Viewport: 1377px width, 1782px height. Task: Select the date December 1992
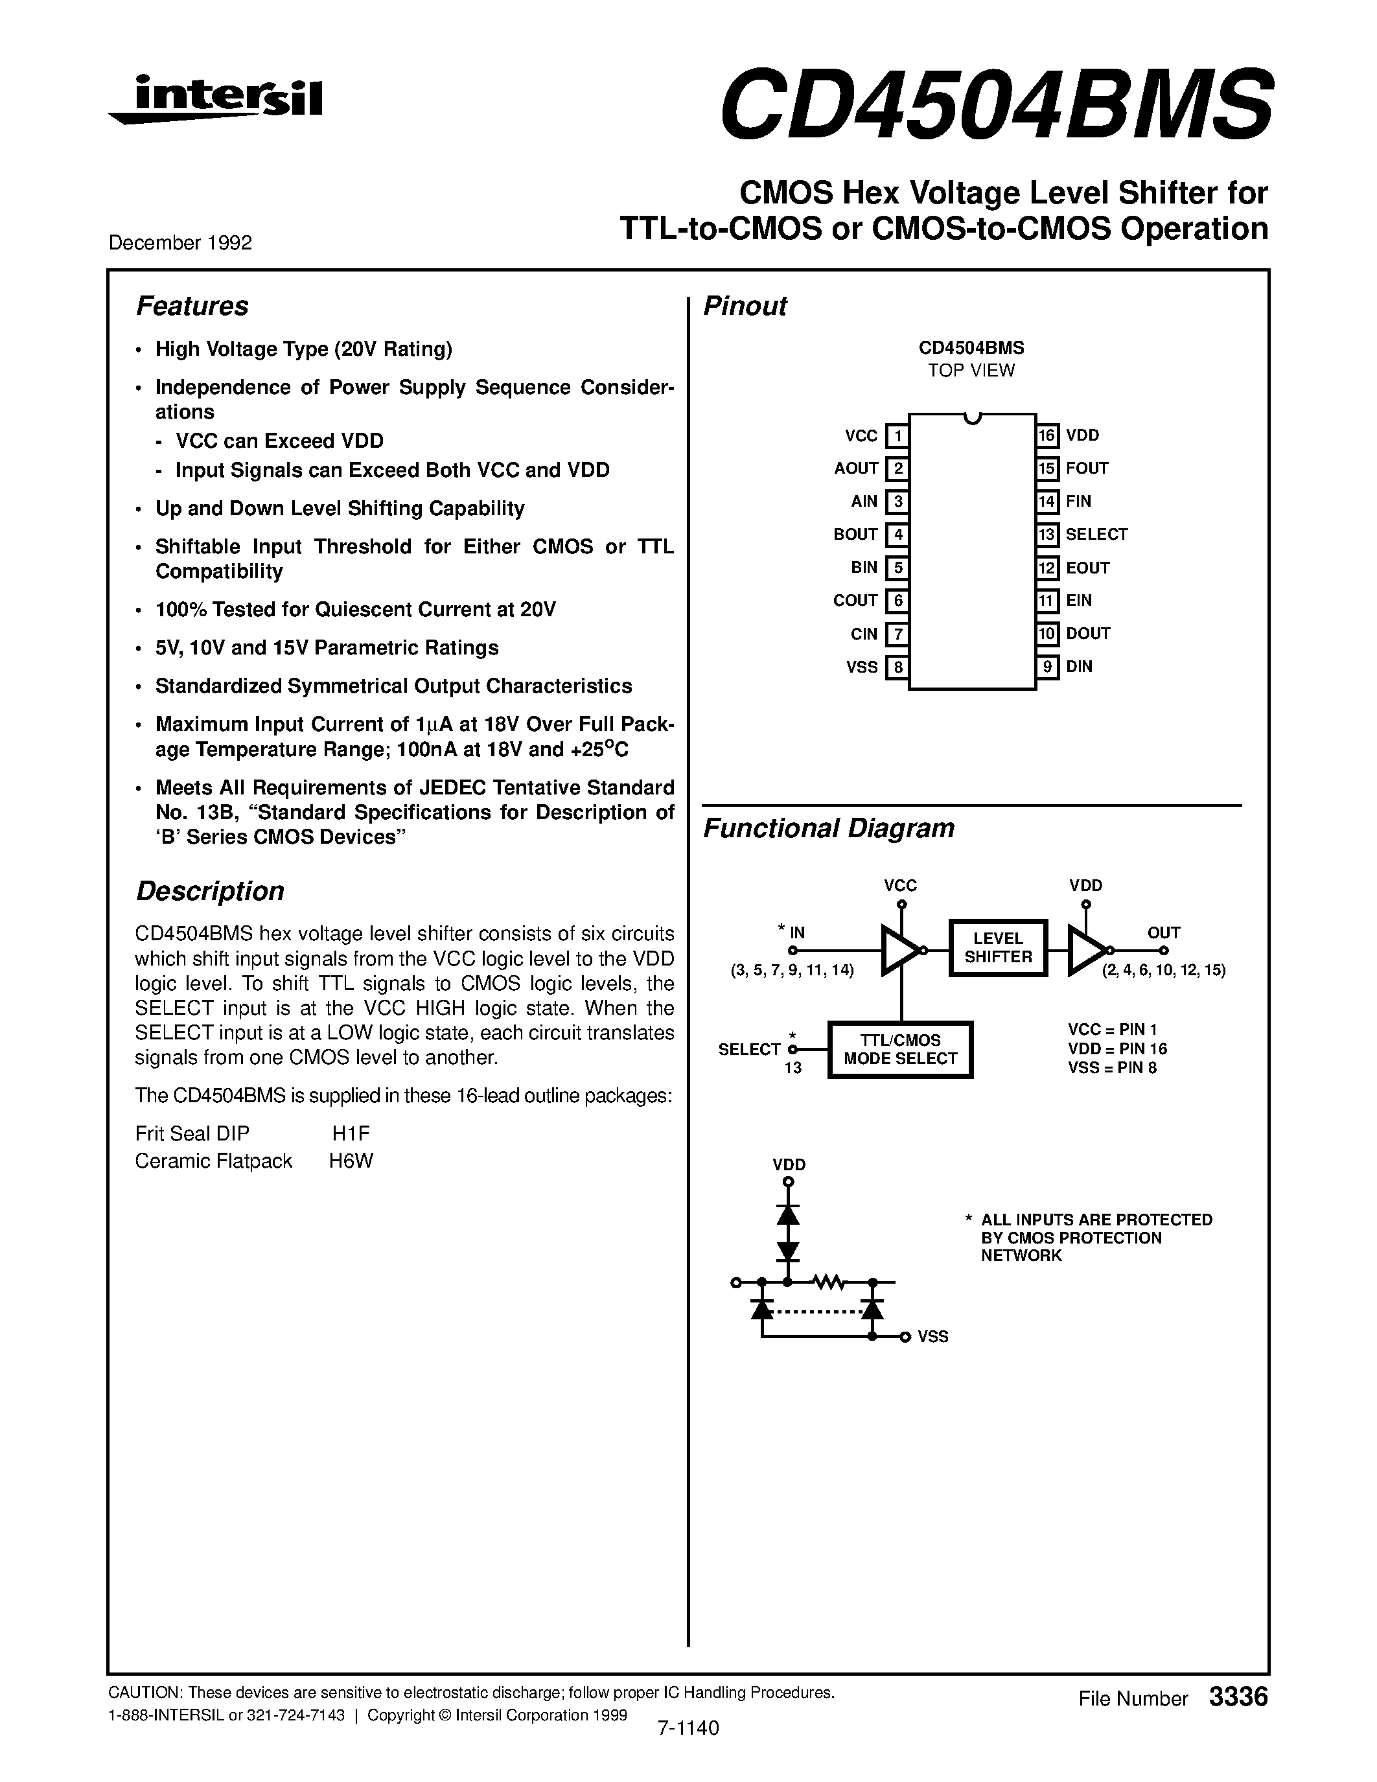tap(180, 243)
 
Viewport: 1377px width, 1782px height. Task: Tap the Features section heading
tap(192, 306)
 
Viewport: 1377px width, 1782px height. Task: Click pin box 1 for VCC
tap(897, 435)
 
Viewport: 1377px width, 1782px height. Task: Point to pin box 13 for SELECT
tap(1047, 535)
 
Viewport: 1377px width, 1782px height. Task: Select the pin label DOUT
tap(1088, 634)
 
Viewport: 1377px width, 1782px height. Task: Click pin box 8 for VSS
tap(897, 667)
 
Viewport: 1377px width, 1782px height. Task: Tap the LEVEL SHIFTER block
tap(998, 948)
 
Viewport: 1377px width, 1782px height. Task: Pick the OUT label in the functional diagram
tap(1163, 932)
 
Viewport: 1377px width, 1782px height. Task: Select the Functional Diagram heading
tap(828, 828)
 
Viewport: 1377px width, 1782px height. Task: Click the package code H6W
tap(351, 1161)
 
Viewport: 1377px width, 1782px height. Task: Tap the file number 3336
tap(1238, 1697)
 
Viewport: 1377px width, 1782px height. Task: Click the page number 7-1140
tap(688, 1728)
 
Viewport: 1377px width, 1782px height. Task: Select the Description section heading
tap(210, 891)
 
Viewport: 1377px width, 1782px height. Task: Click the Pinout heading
tap(745, 306)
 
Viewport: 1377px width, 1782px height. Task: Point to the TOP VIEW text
tap(971, 371)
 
